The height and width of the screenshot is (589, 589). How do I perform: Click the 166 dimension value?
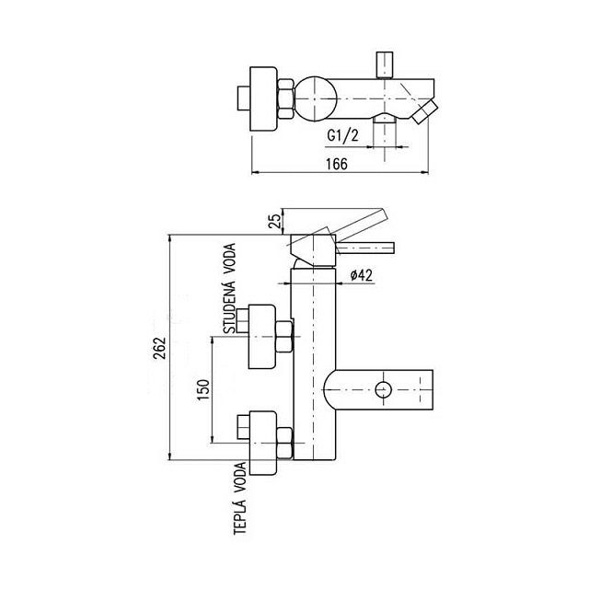point(337,164)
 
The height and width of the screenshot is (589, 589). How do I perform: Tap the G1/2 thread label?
point(342,135)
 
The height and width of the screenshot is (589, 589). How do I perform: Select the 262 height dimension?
point(159,348)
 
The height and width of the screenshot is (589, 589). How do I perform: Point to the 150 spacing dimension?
point(203,389)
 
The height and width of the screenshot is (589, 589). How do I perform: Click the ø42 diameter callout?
point(361,275)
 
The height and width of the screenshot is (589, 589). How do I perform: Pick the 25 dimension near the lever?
point(275,221)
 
